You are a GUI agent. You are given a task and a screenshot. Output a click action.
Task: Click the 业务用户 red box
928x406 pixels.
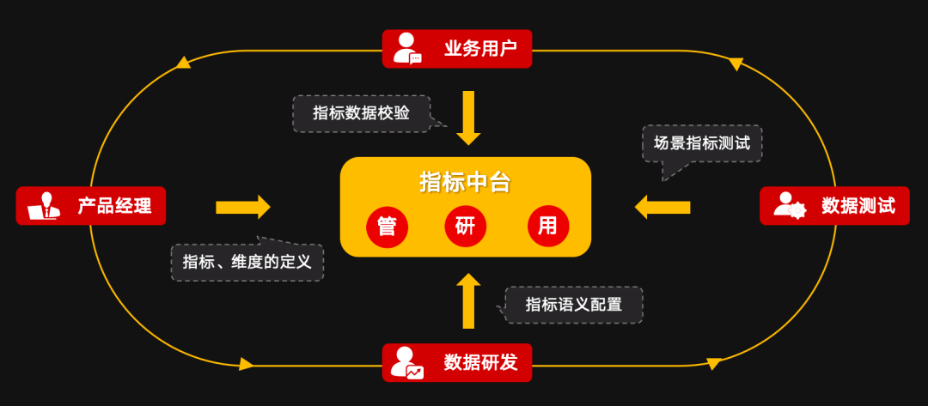[457, 49]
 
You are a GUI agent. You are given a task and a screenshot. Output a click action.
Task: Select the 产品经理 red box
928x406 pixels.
[90, 206]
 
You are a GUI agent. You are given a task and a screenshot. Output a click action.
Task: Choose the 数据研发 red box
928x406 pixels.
[457, 362]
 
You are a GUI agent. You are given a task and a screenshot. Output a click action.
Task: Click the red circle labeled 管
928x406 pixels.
[387, 227]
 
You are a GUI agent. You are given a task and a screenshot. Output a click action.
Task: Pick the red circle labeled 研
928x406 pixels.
[465, 227]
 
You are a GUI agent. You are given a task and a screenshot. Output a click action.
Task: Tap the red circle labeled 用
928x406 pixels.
[547, 227]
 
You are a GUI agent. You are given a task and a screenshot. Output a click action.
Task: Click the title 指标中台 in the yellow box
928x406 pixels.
[465, 182]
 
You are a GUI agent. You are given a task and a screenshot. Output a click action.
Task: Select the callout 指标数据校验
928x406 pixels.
[361, 113]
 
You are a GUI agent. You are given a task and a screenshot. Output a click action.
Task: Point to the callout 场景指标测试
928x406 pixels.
[702, 143]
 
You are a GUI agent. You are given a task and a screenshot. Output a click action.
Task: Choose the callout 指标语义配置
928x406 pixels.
[573, 305]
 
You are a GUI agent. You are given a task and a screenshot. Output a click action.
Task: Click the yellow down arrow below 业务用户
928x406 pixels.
[468, 117]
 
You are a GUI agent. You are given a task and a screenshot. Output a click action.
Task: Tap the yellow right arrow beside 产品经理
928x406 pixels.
[243, 207]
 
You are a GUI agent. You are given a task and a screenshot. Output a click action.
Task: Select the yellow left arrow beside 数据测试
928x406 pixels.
[662, 207]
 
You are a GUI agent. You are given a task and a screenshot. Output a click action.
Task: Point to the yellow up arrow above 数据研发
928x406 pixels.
[468, 300]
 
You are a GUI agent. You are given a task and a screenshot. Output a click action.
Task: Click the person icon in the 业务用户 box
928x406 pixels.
[406, 49]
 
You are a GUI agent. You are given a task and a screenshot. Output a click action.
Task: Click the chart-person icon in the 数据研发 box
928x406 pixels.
[406, 362]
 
